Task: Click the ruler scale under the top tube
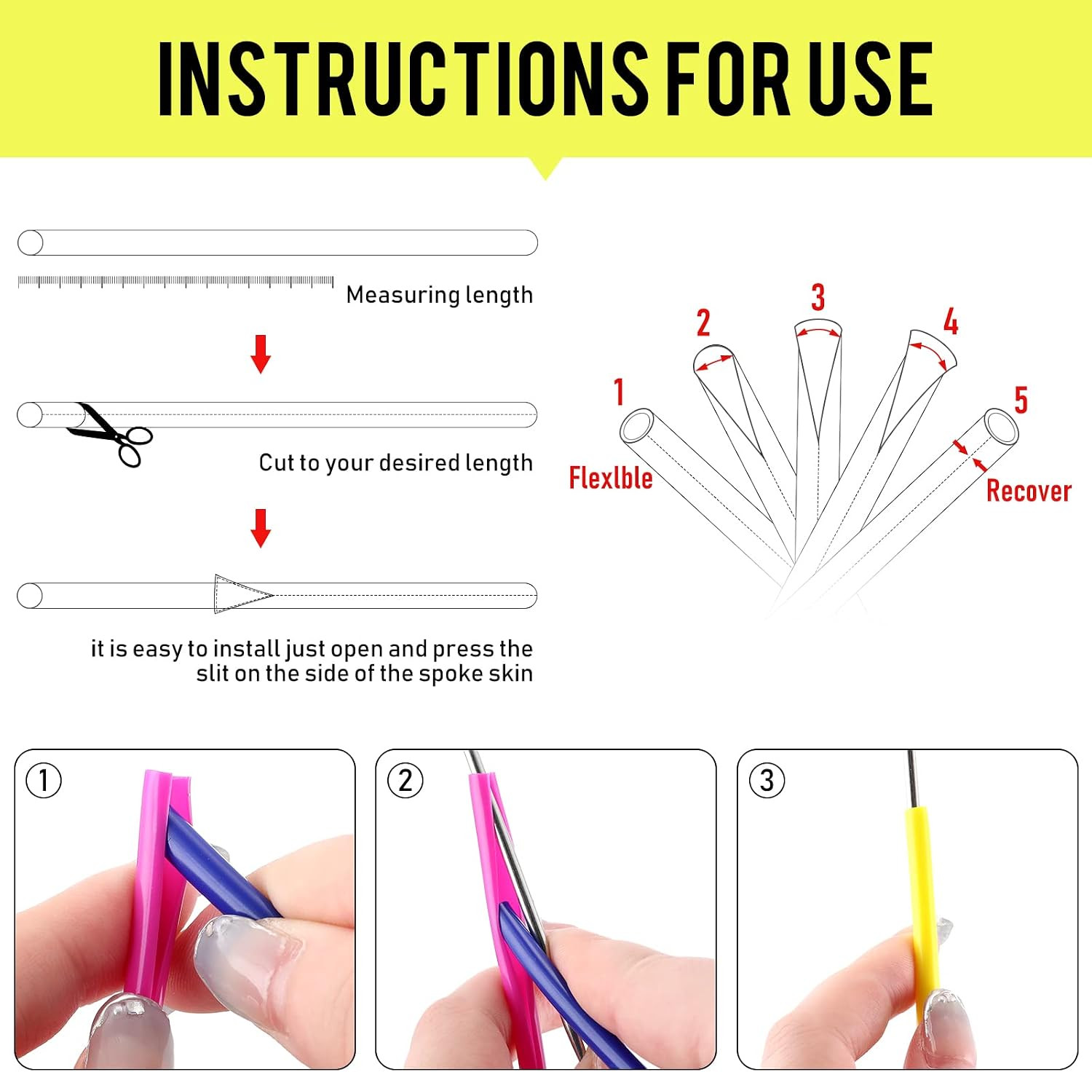click(x=175, y=282)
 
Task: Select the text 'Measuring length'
click(x=440, y=295)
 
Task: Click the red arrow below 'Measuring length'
click(x=261, y=354)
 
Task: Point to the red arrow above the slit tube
click(x=261, y=528)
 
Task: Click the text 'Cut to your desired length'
click(x=396, y=463)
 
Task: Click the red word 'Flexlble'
click(x=611, y=478)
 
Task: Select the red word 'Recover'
click(x=1029, y=491)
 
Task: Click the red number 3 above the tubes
click(x=818, y=297)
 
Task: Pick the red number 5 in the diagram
click(x=1021, y=400)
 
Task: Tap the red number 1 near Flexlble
click(x=619, y=392)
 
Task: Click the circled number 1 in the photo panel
click(x=44, y=780)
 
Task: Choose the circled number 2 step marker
click(x=405, y=780)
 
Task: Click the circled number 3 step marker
click(x=767, y=780)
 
